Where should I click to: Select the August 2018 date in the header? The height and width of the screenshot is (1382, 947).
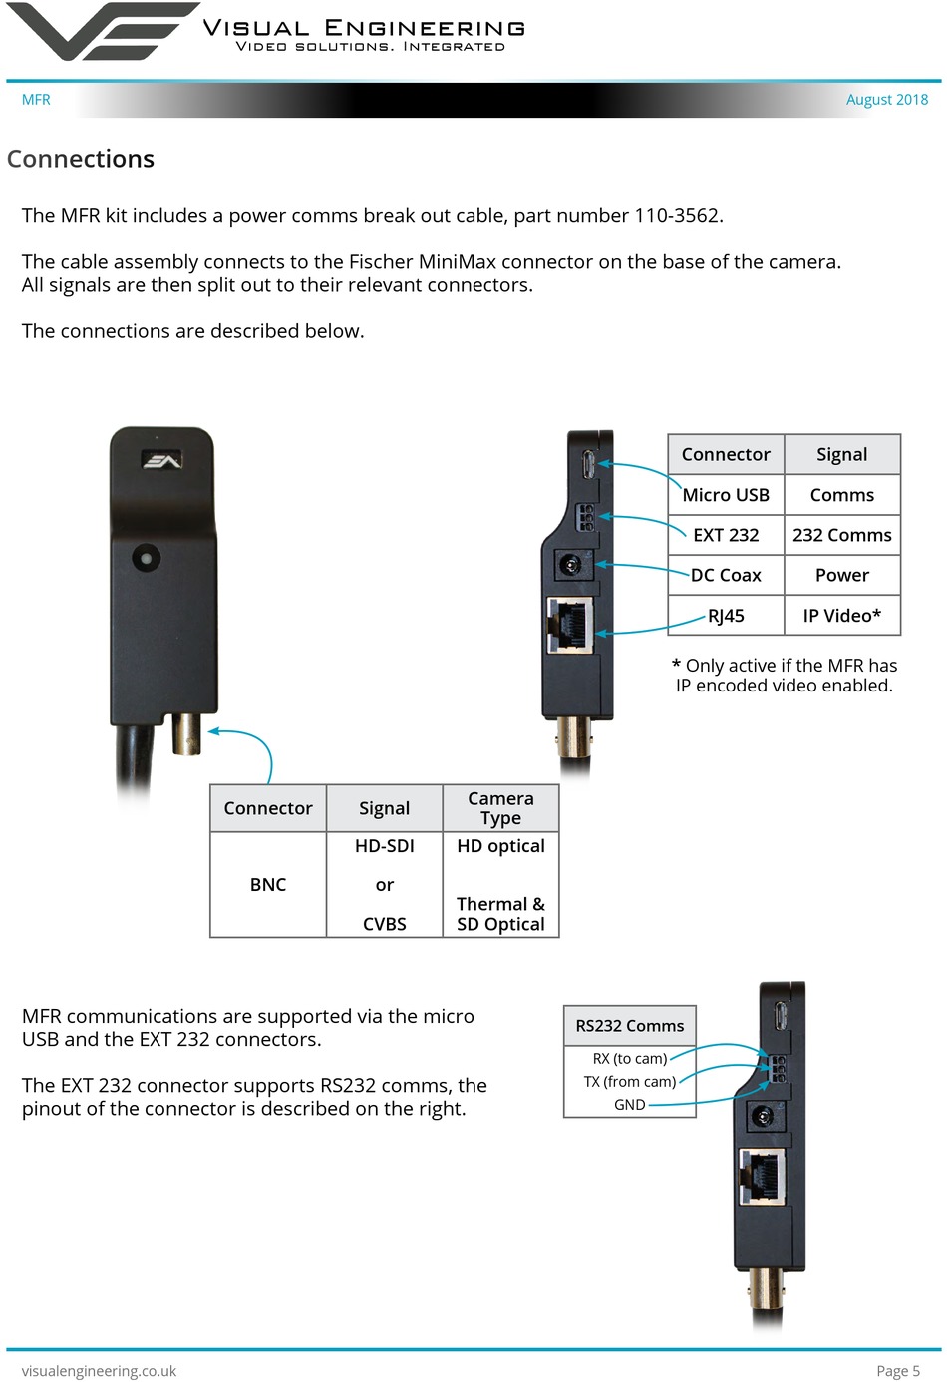886,100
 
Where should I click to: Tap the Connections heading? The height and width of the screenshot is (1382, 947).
81,159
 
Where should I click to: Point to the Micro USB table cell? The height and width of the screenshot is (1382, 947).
726,495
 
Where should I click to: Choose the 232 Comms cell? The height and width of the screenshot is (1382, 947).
841,535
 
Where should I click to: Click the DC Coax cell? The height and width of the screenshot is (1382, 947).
726,575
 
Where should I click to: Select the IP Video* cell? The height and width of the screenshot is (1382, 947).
841,616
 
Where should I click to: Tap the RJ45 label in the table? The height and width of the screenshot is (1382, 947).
726,616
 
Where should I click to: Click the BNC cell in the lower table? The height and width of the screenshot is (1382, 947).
268,885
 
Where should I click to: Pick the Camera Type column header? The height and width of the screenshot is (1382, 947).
500,808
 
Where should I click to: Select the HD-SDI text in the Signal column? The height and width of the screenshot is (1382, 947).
384,846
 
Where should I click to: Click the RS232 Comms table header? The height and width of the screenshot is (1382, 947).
629,1026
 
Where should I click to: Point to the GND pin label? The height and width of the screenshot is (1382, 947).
629,1105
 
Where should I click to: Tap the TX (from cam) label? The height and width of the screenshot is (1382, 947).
629,1082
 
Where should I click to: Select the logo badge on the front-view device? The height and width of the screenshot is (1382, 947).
161,460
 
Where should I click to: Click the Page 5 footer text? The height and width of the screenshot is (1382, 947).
897,1371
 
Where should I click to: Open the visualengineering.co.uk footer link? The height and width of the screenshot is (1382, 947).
99,1371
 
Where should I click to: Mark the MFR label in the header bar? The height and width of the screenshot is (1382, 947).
36,100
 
